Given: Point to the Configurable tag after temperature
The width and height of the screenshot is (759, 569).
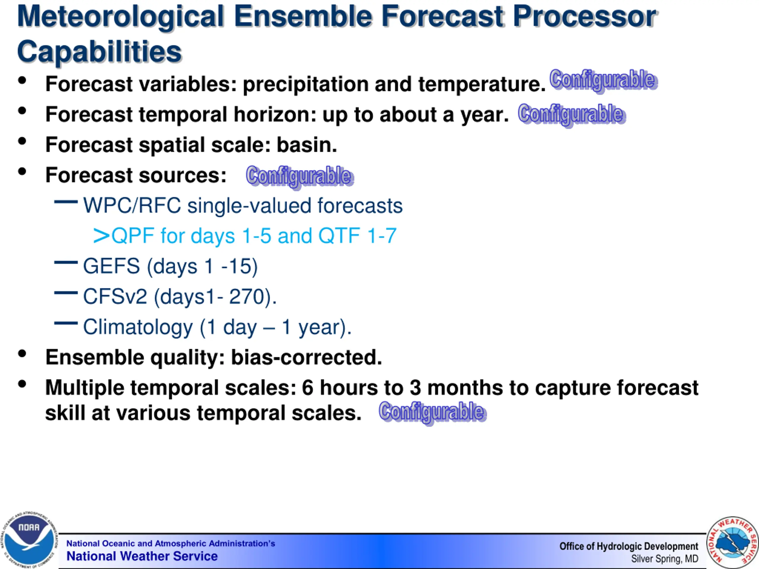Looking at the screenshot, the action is [x=604, y=80].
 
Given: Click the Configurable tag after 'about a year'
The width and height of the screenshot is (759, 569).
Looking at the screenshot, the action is [x=572, y=115].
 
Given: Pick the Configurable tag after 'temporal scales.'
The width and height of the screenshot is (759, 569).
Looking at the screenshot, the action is [x=433, y=413].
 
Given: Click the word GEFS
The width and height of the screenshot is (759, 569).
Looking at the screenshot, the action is [x=111, y=266].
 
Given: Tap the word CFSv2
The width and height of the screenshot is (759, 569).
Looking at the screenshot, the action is [x=115, y=296].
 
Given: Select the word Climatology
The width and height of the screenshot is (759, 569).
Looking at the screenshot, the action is [x=138, y=327].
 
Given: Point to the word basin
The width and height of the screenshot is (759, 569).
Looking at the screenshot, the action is [x=307, y=145].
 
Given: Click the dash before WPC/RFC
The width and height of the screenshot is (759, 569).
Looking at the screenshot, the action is [x=66, y=202].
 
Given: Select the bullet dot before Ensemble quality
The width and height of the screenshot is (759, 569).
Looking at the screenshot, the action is [x=22, y=354].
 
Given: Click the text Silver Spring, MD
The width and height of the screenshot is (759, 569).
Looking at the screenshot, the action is [x=665, y=559].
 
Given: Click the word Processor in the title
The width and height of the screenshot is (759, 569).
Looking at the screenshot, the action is [x=584, y=17].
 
